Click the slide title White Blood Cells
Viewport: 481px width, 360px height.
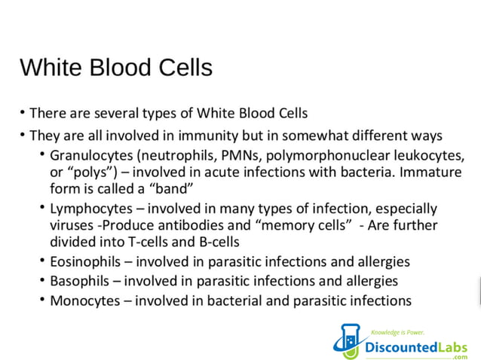pyautogui.click(x=115, y=68)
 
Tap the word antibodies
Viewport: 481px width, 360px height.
pyautogui.click(x=201, y=224)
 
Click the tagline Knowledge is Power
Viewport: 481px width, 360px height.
pyautogui.click(x=397, y=332)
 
